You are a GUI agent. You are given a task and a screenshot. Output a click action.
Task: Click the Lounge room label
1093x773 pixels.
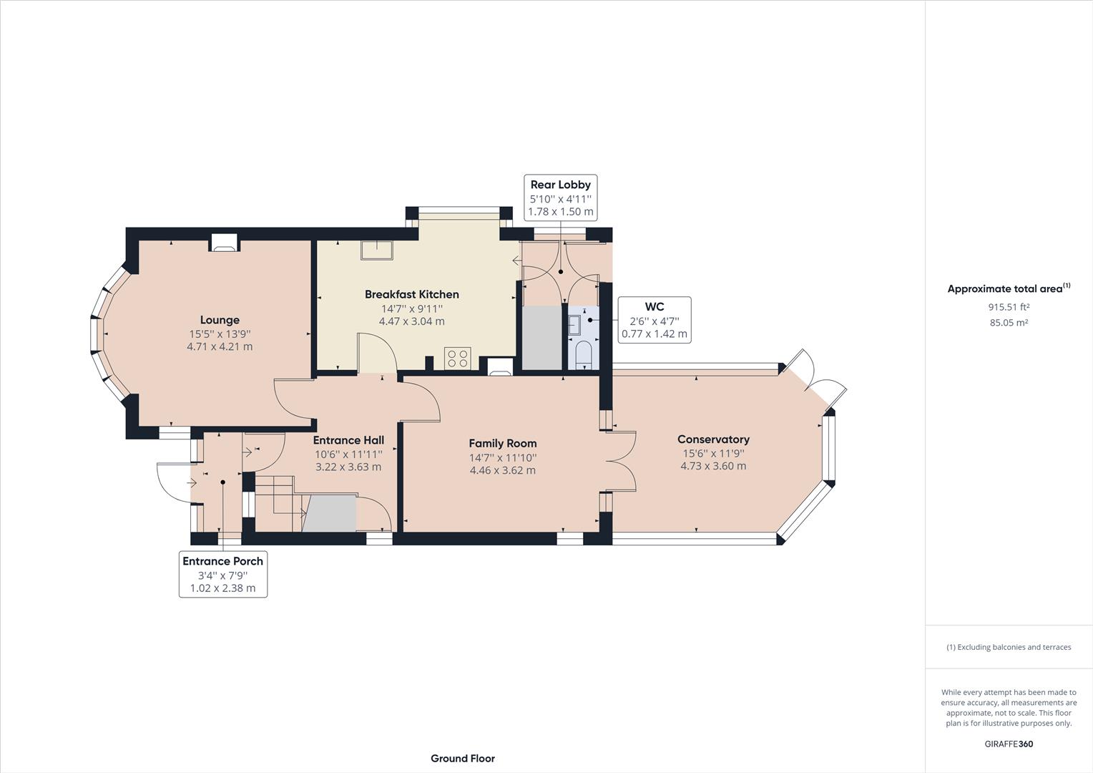(220, 320)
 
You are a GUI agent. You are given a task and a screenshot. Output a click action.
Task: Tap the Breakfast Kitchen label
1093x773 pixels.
(411, 294)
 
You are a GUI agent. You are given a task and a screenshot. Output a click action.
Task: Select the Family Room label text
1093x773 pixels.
(502, 443)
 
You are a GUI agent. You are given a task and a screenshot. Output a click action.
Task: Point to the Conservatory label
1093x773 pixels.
(712, 439)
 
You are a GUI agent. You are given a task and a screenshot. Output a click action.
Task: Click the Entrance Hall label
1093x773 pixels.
(348, 440)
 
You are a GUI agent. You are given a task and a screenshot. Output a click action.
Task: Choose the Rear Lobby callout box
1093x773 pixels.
(560, 198)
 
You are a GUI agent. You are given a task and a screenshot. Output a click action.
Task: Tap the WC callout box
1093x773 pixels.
(654, 319)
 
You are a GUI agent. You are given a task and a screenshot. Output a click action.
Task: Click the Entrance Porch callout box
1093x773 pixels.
(222, 574)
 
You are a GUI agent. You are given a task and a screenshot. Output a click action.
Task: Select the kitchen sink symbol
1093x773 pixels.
(377, 250)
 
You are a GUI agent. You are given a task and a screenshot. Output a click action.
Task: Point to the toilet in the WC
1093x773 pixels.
(583, 354)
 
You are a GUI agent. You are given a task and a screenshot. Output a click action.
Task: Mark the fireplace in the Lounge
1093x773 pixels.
(225, 243)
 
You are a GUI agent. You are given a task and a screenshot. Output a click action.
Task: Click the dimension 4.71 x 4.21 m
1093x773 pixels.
(220, 346)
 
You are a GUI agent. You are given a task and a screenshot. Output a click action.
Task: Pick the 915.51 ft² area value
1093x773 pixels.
(1009, 307)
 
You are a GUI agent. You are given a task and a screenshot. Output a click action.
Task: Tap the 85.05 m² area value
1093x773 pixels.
(1009, 323)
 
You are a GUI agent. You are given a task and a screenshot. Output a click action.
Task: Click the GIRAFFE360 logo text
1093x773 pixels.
(1009, 744)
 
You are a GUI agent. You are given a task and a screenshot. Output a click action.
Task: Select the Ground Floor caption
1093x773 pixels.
(462, 758)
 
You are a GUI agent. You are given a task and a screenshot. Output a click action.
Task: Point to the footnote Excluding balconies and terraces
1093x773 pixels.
(1009, 647)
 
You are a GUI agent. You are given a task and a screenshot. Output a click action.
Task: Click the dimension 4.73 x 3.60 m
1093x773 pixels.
(712, 466)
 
